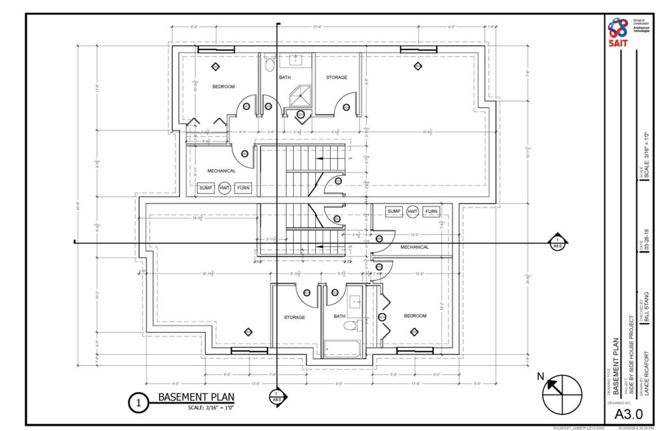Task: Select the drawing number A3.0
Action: coord(625,413)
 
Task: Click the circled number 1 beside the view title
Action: coord(139,403)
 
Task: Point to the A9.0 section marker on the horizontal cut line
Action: coord(558,242)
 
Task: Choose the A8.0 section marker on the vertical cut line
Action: coord(277,398)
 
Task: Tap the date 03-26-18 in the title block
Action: coord(646,243)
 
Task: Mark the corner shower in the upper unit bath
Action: coord(300,95)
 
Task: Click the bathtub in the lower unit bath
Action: coord(341,349)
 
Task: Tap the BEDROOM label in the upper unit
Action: coord(223,86)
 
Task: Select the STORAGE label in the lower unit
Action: coord(294,317)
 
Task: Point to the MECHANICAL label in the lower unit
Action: coord(414,247)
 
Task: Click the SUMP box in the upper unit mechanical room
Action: coord(206,188)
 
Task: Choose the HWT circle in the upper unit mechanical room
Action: coord(225,188)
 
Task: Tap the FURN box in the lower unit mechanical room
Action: coord(431,212)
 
